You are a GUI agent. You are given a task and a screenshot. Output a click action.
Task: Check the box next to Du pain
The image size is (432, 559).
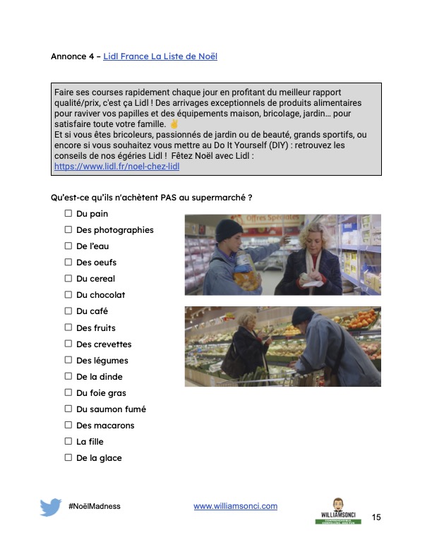(x=68, y=213)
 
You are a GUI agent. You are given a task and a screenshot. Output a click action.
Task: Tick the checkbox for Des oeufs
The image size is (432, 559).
(x=68, y=262)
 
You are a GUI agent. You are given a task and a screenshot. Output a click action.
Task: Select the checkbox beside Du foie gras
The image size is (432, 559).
(x=68, y=392)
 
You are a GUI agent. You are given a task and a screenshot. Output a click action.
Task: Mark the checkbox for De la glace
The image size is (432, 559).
(x=68, y=457)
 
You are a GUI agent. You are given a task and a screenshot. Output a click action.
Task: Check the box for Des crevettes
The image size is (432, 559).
(x=68, y=344)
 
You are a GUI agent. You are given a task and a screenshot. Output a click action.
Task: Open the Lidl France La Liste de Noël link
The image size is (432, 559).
(x=160, y=56)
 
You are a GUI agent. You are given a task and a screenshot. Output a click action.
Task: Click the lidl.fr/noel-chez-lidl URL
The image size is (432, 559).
(x=116, y=167)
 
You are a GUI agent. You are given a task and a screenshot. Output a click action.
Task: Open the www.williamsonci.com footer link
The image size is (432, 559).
(x=235, y=506)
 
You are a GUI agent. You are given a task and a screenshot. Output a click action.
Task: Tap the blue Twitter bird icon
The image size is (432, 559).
(x=50, y=507)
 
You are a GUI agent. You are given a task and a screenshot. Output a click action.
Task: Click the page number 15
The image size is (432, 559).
(x=376, y=517)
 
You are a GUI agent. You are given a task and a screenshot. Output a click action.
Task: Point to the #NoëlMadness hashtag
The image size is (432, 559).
(x=95, y=506)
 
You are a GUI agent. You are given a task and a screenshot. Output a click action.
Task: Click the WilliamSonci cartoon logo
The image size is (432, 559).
(x=338, y=511)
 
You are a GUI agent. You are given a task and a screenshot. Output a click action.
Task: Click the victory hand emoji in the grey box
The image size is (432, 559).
(x=174, y=124)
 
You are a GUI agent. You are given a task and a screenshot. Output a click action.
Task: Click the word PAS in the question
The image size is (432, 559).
(x=168, y=198)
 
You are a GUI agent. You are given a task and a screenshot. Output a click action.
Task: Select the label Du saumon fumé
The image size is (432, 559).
(x=112, y=409)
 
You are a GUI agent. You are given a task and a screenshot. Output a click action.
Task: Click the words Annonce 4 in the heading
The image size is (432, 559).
(x=73, y=56)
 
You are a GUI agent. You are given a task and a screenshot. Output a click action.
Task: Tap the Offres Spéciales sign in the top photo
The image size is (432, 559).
(x=272, y=218)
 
